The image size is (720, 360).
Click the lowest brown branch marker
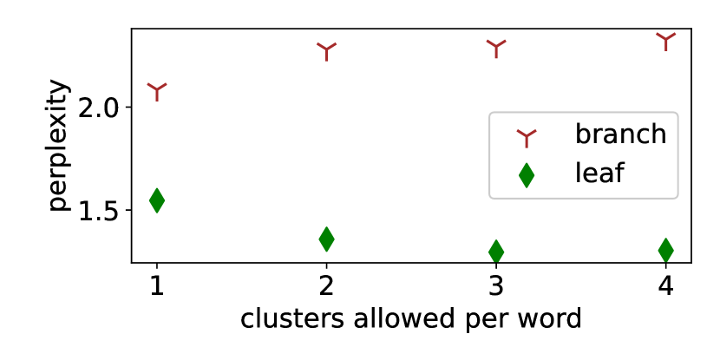[x=157, y=90]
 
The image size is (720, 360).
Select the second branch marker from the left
[x=326, y=50]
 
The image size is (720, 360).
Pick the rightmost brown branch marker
[x=665, y=40]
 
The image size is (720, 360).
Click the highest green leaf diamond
[x=157, y=200]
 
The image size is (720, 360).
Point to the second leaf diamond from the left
[x=326, y=239]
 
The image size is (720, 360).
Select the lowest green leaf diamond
[x=496, y=252]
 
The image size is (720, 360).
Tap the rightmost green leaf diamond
[x=665, y=250]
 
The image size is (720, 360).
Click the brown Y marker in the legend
[x=527, y=137]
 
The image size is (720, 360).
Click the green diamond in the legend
[x=527, y=175]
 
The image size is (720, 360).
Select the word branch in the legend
[x=620, y=134]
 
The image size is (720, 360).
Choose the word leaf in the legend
[x=599, y=173]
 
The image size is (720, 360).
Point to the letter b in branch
[x=583, y=134]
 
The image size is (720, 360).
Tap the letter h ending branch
[x=658, y=134]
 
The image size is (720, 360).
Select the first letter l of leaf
[x=578, y=173]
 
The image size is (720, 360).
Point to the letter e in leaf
[x=589, y=175]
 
